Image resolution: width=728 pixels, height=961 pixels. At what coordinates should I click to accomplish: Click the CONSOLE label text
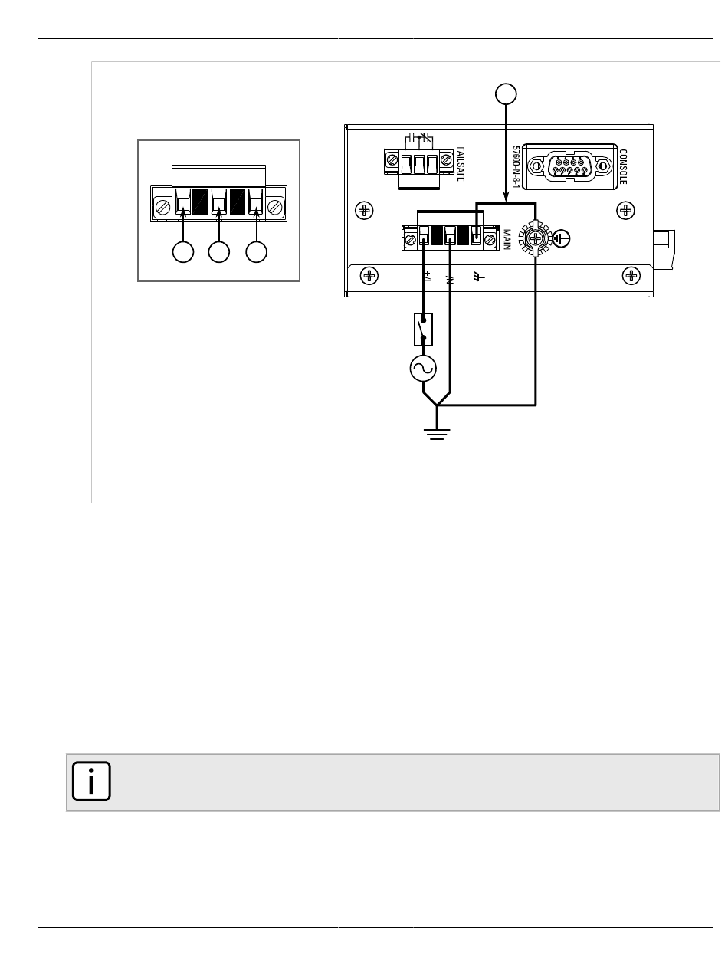[622, 167]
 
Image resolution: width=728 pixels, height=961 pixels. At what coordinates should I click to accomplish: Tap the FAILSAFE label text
[460, 164]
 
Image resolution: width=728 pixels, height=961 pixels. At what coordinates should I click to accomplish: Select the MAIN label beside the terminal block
[507, 240]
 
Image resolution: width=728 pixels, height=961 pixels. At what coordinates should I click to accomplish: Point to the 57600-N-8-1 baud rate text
[516, 167]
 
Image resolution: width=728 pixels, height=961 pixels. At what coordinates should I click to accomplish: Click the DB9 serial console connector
[569, 166]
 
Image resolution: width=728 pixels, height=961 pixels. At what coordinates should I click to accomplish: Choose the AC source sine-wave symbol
[423, 368]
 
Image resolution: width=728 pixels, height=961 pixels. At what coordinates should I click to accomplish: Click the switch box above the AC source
[423, 330]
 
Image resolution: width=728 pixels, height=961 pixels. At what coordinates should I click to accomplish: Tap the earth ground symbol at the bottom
[437, 434]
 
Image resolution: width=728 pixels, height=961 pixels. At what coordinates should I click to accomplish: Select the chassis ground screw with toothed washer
[536, 238]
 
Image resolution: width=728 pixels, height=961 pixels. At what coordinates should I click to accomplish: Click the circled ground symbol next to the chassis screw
[561, 238]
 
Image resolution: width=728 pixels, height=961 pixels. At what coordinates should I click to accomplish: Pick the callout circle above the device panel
[506, 94]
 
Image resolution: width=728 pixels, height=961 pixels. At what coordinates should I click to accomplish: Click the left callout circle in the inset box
[183, 251]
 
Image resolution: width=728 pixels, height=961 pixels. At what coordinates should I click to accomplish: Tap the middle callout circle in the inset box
[219, 251]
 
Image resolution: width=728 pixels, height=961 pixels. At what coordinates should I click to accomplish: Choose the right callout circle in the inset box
[257, 251]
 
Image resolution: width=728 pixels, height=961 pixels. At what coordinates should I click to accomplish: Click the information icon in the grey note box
[91, 781]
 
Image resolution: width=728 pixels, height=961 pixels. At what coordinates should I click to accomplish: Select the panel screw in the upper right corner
[625, 211]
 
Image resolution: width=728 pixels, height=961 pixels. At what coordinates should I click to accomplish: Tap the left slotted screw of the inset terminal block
[163, 207]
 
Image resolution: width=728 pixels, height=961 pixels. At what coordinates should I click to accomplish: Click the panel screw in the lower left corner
[369, 276]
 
